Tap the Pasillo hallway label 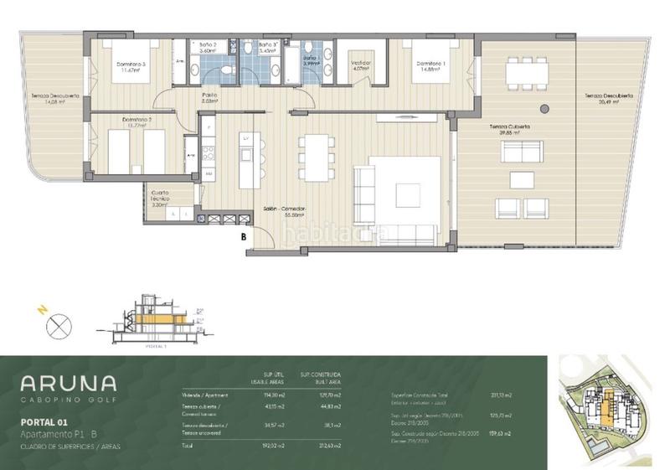click(x=209, y=98)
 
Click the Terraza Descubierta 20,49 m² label click(x=609, y=101)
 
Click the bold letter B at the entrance click(x=243, y=237)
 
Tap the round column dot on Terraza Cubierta click(x=543, y=109)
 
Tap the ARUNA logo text click(x=69, y=384)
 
